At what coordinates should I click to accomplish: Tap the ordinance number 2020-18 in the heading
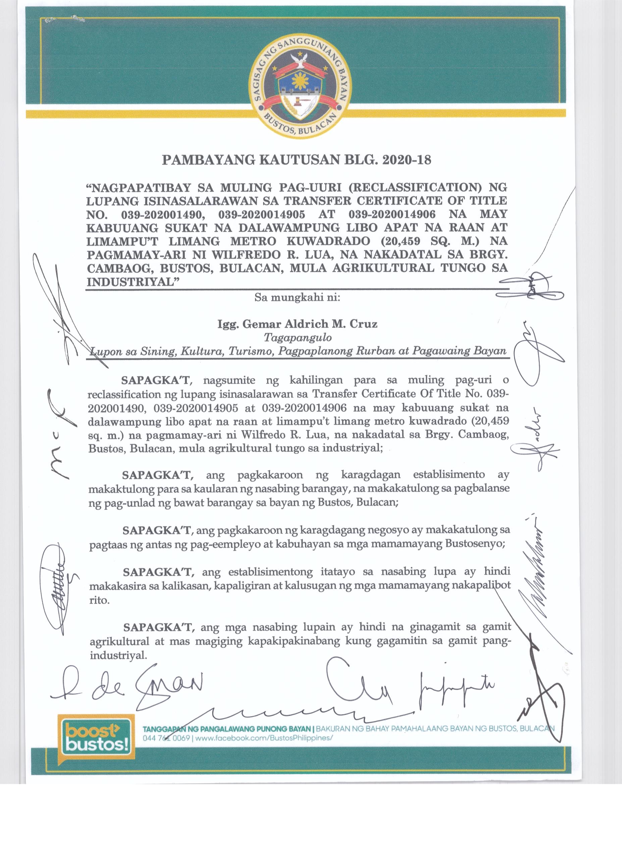406,160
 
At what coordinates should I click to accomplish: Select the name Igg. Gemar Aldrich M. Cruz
298,324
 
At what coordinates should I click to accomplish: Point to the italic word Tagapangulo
298,337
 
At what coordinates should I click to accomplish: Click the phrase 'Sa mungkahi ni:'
298,297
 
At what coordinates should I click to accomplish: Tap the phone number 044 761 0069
166,738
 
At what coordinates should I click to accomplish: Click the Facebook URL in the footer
264,738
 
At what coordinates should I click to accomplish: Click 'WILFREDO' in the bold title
244,254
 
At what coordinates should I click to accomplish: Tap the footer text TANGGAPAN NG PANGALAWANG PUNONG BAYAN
227,729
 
